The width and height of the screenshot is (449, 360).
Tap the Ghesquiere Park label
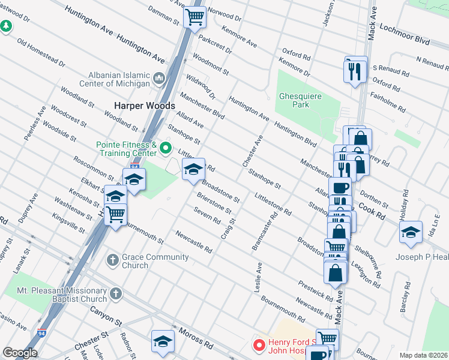(301, 100)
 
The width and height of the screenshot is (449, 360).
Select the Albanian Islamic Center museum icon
(159, 78)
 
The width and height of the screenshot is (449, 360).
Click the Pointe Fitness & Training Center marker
(168, 145)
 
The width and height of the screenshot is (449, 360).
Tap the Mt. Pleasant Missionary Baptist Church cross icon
(116, 294)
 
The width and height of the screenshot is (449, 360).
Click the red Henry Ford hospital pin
(259, 345)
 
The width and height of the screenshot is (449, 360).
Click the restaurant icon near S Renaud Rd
(354, 71)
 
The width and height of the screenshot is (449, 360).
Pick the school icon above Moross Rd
(162, 341)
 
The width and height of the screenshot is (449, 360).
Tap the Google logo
(20, 353)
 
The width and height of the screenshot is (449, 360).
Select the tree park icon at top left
(6, 26)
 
